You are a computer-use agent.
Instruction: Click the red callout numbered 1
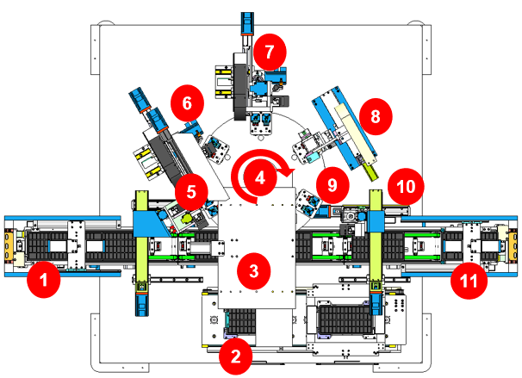(44, 280)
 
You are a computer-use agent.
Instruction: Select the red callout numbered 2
(235, 356)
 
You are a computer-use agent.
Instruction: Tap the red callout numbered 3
(253, 271)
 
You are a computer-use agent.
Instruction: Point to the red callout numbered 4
(260, 177)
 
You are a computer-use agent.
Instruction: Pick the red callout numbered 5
(191, 192)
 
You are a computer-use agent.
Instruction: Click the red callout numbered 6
(187, 103)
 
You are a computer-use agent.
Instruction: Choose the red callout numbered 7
(270, 52)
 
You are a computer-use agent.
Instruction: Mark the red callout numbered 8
(376, 116)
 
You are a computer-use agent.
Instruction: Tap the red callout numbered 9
(332, 185)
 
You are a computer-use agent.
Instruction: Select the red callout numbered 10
(406, 186)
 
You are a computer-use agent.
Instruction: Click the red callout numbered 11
(469, 281)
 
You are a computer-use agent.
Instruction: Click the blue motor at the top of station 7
(247, 23)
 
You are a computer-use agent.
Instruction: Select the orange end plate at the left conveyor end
(9, 246)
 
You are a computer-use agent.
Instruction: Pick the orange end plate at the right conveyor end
(513, 246)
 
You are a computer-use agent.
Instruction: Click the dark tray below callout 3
(241, 321)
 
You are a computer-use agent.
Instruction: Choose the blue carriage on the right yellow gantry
(376, 221)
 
